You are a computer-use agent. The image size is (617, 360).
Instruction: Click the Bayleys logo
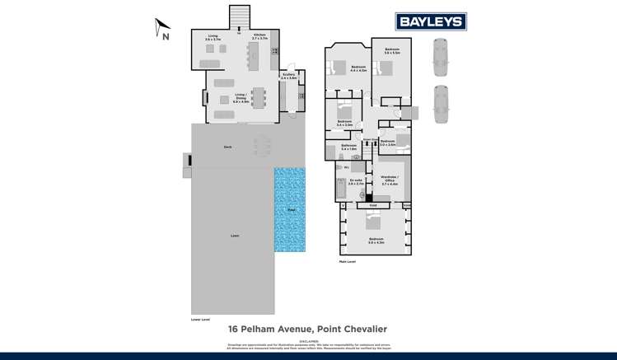tap(432, 21)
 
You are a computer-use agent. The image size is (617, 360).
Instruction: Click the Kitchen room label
tap(260, 37)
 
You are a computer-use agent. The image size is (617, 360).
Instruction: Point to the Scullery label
tap(288, 76)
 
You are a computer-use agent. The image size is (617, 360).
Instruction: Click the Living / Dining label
tap(241, 96)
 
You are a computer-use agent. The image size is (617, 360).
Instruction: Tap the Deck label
tap(227, 147)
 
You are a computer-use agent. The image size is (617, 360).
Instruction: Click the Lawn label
tap(235, 236)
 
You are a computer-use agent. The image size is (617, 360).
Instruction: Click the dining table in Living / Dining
tap(259, 98)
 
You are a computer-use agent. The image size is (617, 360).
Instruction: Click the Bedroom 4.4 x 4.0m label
tap(358, 68)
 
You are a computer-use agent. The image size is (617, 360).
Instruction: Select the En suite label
tap(355, 182)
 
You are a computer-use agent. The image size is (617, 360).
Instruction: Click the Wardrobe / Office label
tap(388, 182)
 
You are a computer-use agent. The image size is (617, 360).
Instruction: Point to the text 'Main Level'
tap(347, 261)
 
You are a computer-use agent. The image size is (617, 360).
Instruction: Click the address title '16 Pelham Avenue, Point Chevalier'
tap(307, 328)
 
